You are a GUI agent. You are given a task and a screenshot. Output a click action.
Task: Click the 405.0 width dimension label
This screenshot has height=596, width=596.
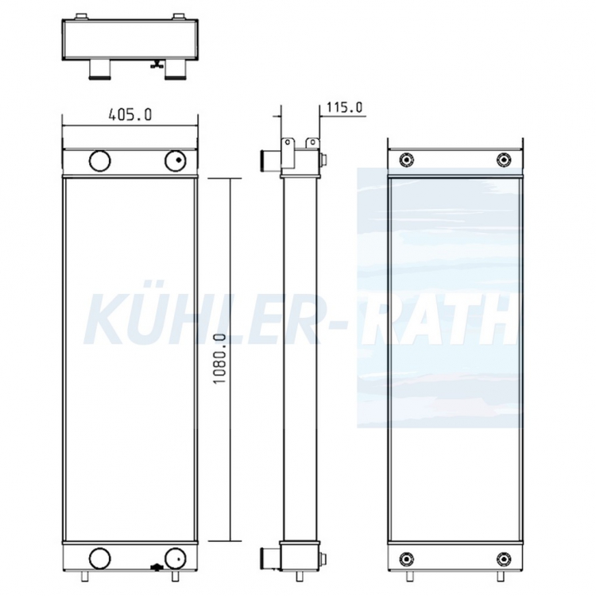click(x=130, y=114)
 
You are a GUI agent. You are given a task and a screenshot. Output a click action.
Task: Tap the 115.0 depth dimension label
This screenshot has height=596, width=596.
click(x=344, y=107)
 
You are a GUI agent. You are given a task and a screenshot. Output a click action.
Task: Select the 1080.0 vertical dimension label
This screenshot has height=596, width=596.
click(x=219, y=359)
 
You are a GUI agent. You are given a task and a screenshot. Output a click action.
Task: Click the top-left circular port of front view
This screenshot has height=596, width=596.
click(x=99, y=161)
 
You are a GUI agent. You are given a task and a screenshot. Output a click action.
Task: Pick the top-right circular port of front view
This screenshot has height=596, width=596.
click(x=176, y=161)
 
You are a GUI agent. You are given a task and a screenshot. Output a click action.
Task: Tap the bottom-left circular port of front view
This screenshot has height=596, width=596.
click(x=99, y=559)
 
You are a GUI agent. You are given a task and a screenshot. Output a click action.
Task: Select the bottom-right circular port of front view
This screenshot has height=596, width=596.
click(x=176, y=559)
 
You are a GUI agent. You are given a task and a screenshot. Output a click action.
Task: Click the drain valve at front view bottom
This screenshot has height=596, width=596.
click(x=155, y=567)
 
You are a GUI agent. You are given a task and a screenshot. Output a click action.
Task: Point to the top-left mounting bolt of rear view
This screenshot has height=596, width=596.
click(x=406, y=160)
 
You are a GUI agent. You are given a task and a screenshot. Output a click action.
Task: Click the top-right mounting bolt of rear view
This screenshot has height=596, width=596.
click(x=504, y=160)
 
